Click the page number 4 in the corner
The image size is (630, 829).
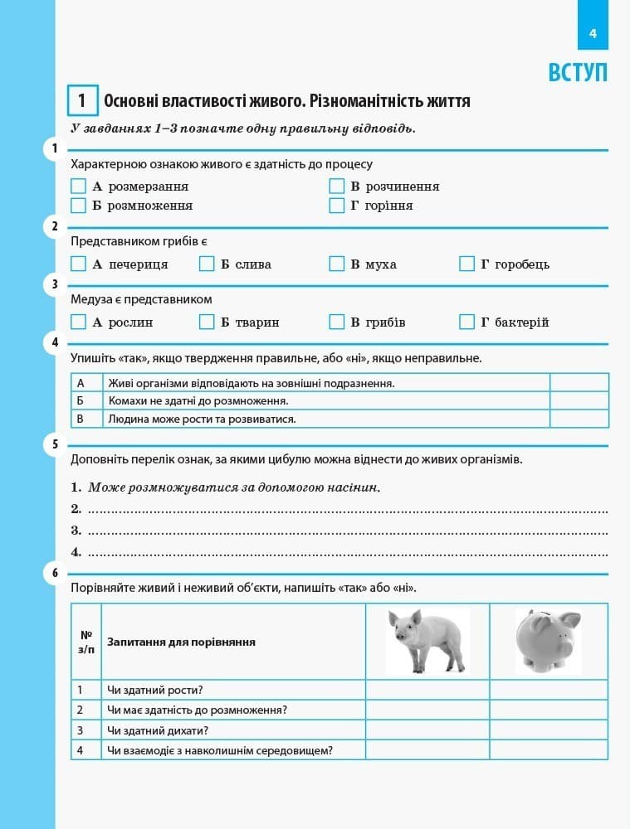point(593,34)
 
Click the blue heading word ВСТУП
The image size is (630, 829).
point(578,72)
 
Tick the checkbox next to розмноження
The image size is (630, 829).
point(79,205)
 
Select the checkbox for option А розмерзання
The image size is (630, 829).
point(79,186)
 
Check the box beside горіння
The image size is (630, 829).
point(336,205)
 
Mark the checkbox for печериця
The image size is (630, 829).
point(79,264)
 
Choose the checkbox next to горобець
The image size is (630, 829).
point(466,264)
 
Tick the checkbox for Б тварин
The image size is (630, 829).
point(208,322)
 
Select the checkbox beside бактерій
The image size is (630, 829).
point(466,322)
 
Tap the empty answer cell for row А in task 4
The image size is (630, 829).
point(579,382)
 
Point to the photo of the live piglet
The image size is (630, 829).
point(427,641)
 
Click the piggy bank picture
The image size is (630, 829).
point(548,641)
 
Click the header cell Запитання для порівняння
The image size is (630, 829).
point(181,642)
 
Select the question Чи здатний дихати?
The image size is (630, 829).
point(158,730)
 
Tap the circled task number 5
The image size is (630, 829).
point(55,444)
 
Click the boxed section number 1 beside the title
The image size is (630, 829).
point(82,101)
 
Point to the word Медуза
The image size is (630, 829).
point(90,299)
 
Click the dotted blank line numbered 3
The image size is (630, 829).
point(347,531)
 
